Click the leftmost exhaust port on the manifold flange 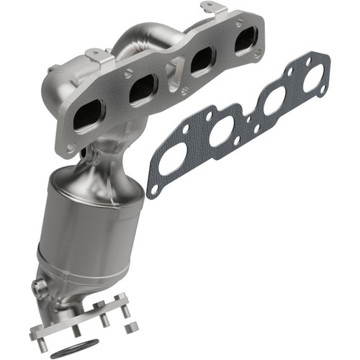click(89, 113)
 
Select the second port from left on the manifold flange click(143, 90)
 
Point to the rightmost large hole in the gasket click(311, 81)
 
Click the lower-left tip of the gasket click(151, 192)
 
